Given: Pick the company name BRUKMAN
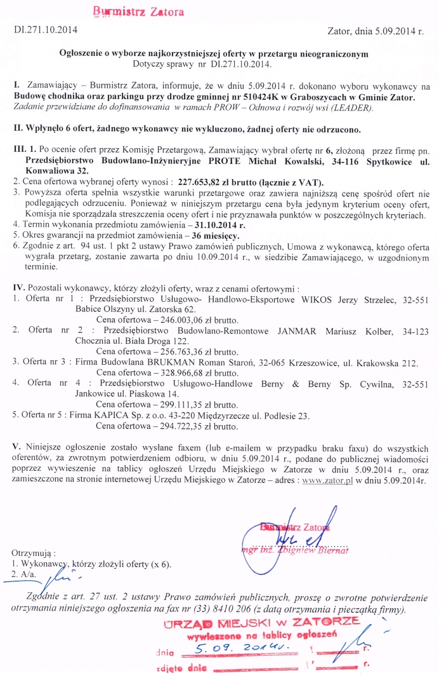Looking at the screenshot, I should click(155, 363).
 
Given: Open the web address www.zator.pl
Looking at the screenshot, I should click(327, 481).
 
